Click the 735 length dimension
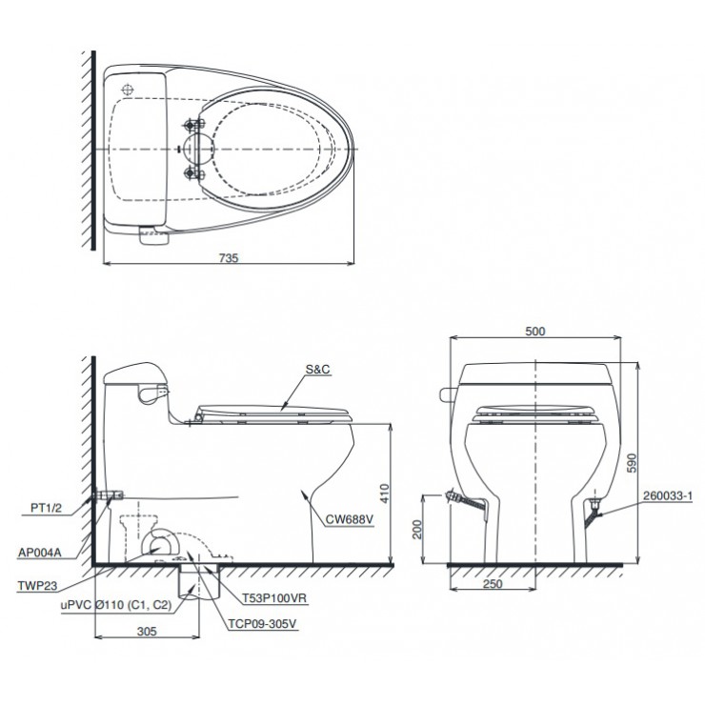(x=229, y=258)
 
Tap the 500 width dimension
(x=535, y=332)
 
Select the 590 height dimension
(x=632, y=463)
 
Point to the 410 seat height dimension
(x=385, y=493)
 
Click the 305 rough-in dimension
(x=147, y=632)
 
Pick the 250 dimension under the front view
(x=493, y=584)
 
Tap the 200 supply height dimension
(x=417, y=529)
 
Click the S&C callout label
(x=317, y=369)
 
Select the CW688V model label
(x=350, y=519)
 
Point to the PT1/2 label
(x=46, y=508)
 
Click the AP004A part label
(x=40, y=553)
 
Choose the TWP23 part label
(x=37, y=585)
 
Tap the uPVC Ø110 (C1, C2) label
(x=116, y=605)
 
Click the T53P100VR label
(x=274, y=598)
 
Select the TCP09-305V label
(x=262, y=624)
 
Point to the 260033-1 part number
(x=668, y=496)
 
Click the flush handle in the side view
(x=152, y=393)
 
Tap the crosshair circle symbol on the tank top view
(x=129, y=90)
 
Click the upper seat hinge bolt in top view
(x=193, y=124)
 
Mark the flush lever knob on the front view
(x=446, y=394)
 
